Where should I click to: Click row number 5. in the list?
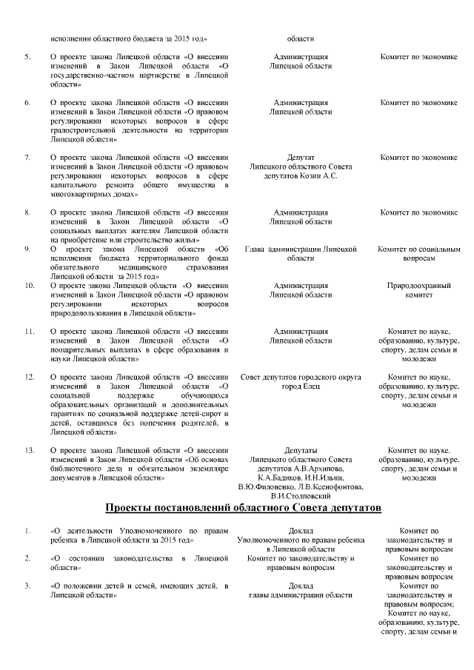tap(27, 56)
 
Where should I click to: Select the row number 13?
tap(29, 449)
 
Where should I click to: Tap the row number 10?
tap(29, 285)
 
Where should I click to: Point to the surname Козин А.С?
tap(321, 177)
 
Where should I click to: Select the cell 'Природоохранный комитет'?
tap(418, 289)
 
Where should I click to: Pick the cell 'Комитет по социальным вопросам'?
tap(418, 254)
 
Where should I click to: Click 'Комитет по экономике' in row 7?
tap(418, 157)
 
